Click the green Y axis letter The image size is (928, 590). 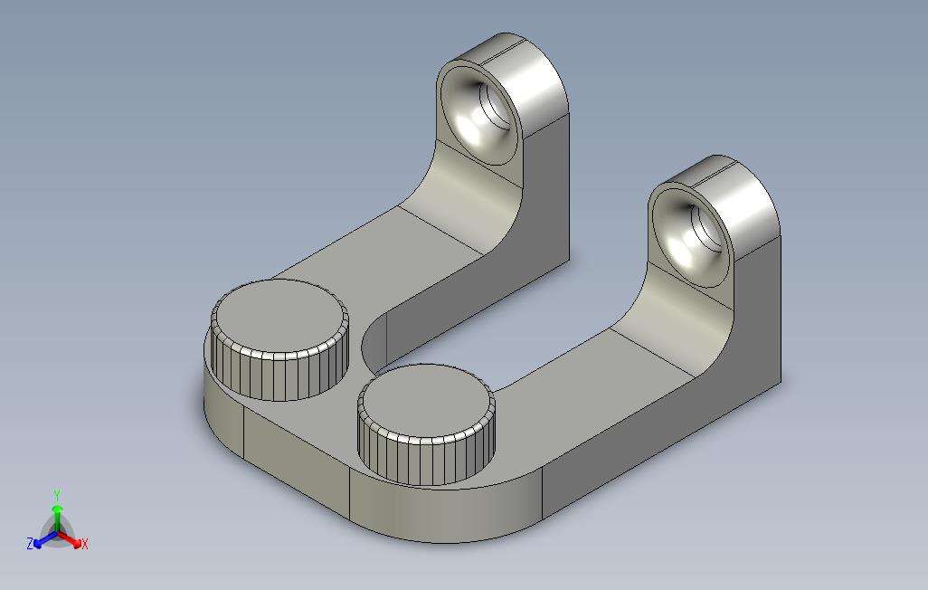point(57,495)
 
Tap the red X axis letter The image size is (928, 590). point(85,543)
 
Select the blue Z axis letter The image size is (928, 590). point(30,543)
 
